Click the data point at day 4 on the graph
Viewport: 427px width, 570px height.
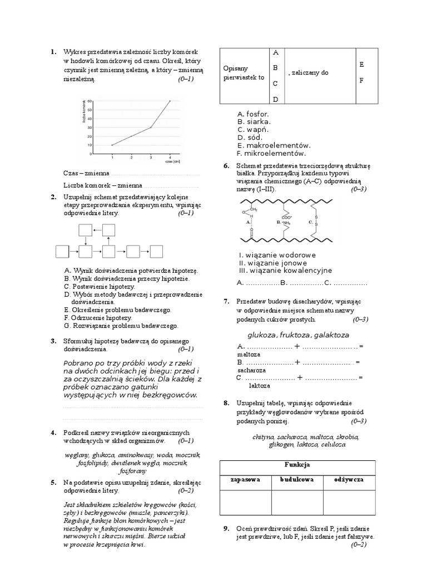tap(170, 101)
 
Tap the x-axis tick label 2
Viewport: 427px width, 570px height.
tap(132, 158)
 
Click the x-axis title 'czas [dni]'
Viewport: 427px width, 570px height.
tap(173, 162)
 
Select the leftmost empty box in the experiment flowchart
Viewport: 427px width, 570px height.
tap(62, 252)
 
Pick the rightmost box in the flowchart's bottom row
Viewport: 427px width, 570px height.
tap(157, 252)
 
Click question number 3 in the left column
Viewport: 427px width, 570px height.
tap(53, 341)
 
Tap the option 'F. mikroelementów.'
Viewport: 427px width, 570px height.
tap(271, 153)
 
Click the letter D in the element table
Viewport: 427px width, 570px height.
tap(274, 99)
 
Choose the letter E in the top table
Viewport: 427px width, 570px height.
tap(361, 65)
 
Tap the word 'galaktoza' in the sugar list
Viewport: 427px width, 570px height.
tap(331, 335)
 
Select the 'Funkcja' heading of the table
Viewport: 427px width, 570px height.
tap(297, 464)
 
